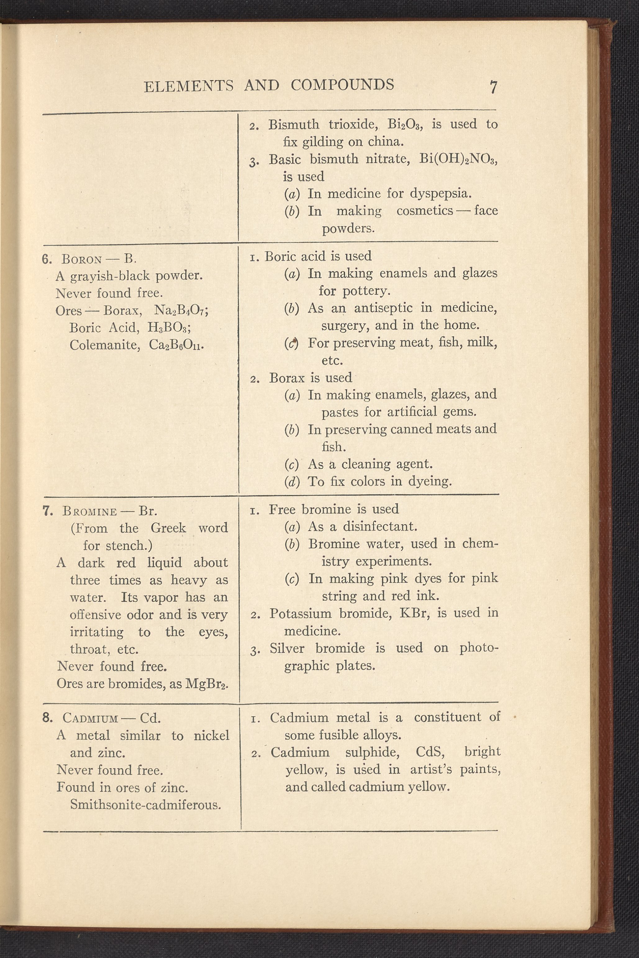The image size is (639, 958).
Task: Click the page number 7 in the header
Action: click(493, 87)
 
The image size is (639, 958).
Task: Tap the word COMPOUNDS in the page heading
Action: click(342, 84)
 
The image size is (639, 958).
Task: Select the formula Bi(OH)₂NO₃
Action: click(458, 159)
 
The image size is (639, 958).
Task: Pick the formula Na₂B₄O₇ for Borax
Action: click(181, 311)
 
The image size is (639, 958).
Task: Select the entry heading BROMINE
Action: click(90, 512)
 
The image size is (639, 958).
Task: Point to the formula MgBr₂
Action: click(206, 684)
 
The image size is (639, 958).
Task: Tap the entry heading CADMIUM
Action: click(90, 718)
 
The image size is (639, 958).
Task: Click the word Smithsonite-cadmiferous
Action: click(146, 805)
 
